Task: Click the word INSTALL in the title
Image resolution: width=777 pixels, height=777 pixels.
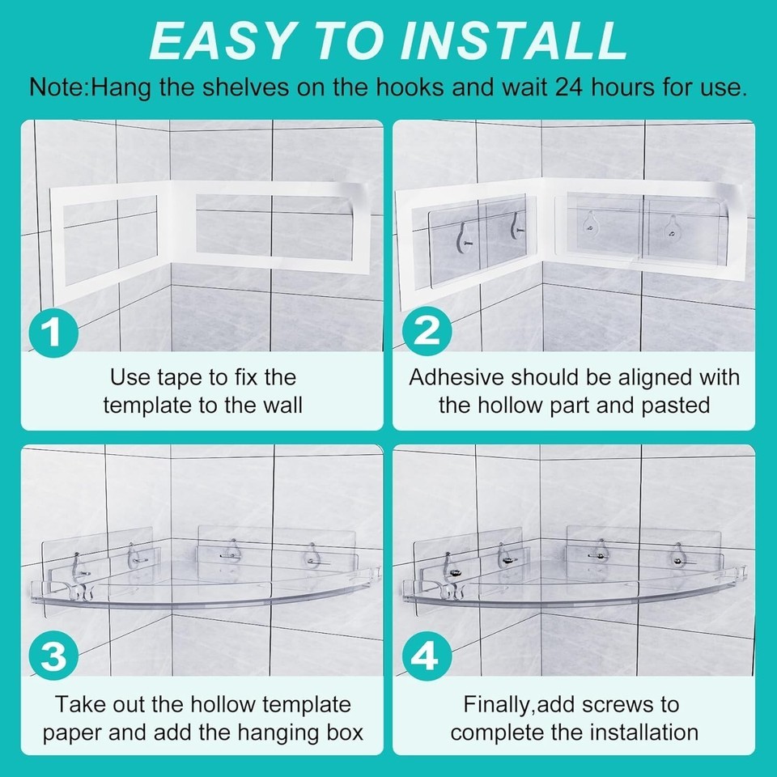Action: point(515,41)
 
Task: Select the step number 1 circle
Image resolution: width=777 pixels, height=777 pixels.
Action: point(53,333)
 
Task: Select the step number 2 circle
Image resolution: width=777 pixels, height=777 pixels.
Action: point(427,331)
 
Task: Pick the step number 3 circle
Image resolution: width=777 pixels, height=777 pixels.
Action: point(53,656)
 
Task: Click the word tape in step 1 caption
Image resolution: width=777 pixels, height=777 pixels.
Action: point(180,379)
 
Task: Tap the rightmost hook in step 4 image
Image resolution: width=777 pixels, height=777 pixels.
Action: point(678,555)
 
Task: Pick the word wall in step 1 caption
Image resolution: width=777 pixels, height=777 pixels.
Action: point(282,405)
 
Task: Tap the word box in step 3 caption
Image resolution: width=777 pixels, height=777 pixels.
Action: point(346,733)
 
